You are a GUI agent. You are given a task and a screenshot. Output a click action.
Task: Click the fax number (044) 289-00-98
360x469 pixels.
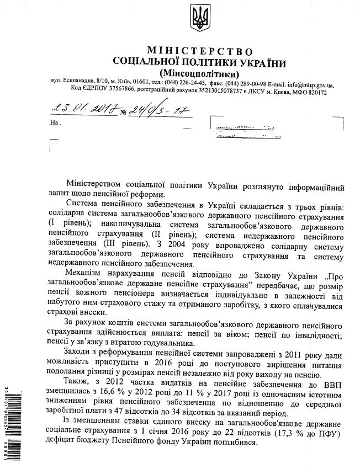[x=245, y=86]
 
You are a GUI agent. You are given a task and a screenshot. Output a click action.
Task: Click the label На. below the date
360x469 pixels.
[x=54, y=121]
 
